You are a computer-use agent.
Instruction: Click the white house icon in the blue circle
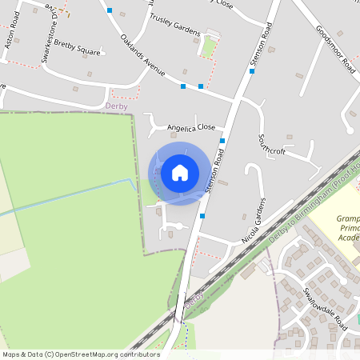click(x=180, y=173)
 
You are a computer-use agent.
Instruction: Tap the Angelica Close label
click(x=191, y=127)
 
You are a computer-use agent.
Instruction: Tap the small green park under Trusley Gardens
click(x=208, y=49)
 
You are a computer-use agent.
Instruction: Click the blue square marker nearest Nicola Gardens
click(x=202, y=216)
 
